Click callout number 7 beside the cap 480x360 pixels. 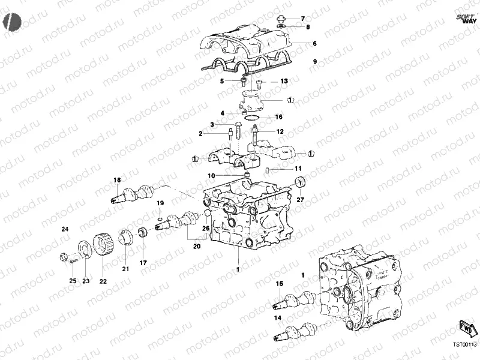pos(303,19)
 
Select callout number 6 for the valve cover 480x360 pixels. pos(314,44)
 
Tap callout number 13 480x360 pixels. pos(284,81)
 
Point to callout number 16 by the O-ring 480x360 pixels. pos(278,117)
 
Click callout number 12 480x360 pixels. pos(280,131)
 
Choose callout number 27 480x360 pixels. pos(301,200)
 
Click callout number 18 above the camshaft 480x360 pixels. pos(118,181)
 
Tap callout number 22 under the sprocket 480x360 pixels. pos(103,280)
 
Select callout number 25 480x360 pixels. pos(72,280)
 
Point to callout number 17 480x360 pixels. pos(143,263)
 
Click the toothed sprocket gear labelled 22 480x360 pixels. pos(104,246)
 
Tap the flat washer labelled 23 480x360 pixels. pos(85,248)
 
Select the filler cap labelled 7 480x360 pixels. pos(281,19)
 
